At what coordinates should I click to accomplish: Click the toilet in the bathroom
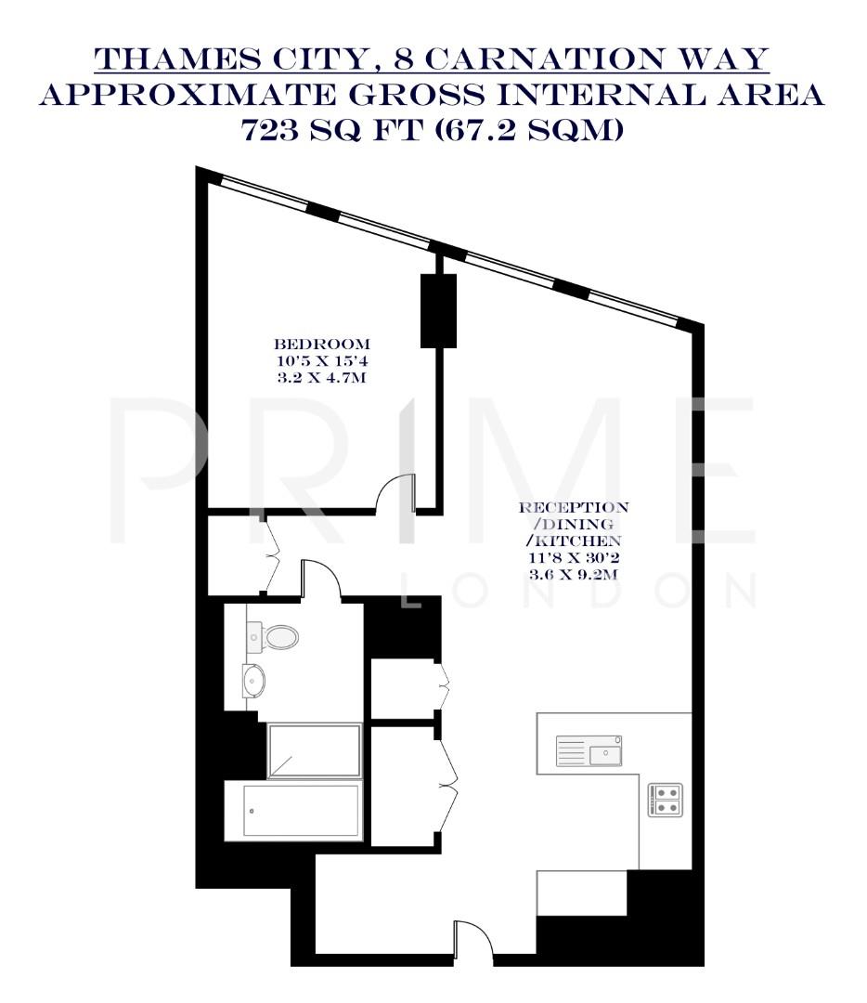(276, 637)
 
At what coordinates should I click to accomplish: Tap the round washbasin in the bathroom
(252, 681)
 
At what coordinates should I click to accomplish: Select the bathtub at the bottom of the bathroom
(293, 811)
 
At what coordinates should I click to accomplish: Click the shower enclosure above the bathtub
(315, 750)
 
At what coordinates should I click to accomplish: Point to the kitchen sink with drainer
(589, 749)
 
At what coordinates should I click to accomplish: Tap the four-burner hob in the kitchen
(665, 800)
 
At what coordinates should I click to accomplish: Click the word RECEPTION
(574, 508)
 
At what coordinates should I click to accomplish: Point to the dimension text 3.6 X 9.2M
(573, 574)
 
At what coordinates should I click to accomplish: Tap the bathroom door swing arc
(320, 578)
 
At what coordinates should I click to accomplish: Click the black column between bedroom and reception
(438, 310)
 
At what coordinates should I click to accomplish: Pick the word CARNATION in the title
(542, 60)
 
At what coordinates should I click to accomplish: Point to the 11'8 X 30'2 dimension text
(573, 558)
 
